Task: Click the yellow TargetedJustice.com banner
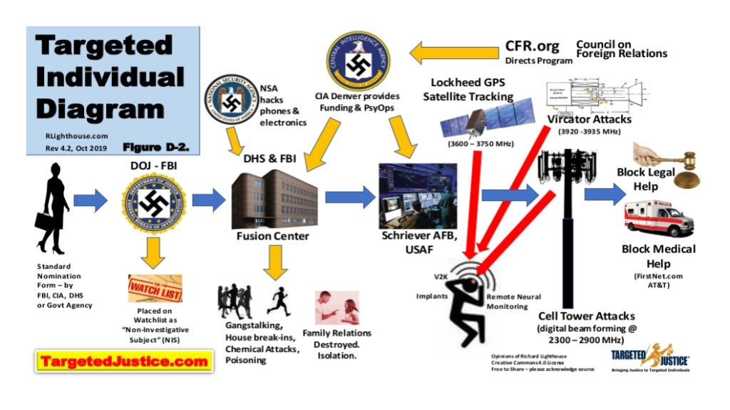124,362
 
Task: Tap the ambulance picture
657,218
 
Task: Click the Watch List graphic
155,288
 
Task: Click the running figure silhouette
278,301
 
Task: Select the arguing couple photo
336,307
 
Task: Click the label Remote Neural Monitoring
513,301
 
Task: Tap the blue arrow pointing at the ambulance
605,194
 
